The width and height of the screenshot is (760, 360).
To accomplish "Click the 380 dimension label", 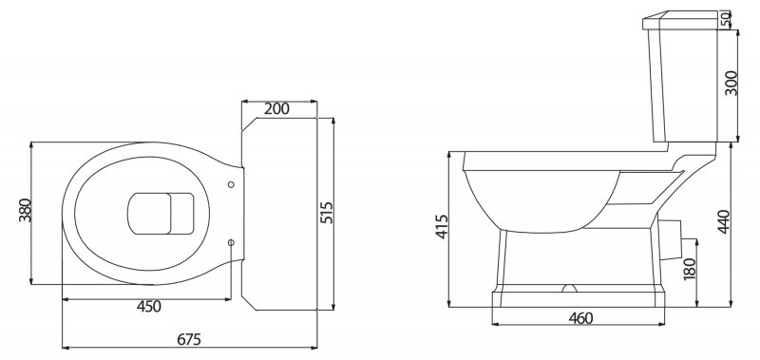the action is pos(26,210).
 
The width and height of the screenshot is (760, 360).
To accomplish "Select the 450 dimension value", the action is pos(149,307).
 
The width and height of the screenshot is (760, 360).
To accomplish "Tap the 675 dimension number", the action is pos(189,339).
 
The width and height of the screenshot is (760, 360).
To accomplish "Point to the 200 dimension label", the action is pos(276,109).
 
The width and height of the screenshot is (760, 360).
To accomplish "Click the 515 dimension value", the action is pos(328,212).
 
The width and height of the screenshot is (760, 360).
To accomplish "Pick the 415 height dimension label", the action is pos(442,226).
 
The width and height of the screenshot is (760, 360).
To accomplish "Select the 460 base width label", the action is pos(580,318).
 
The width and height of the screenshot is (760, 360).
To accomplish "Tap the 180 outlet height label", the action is pos(690,268).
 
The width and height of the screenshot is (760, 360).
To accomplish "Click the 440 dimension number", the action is pos(723,221).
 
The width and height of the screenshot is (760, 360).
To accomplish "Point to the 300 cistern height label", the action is pos(731,83).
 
